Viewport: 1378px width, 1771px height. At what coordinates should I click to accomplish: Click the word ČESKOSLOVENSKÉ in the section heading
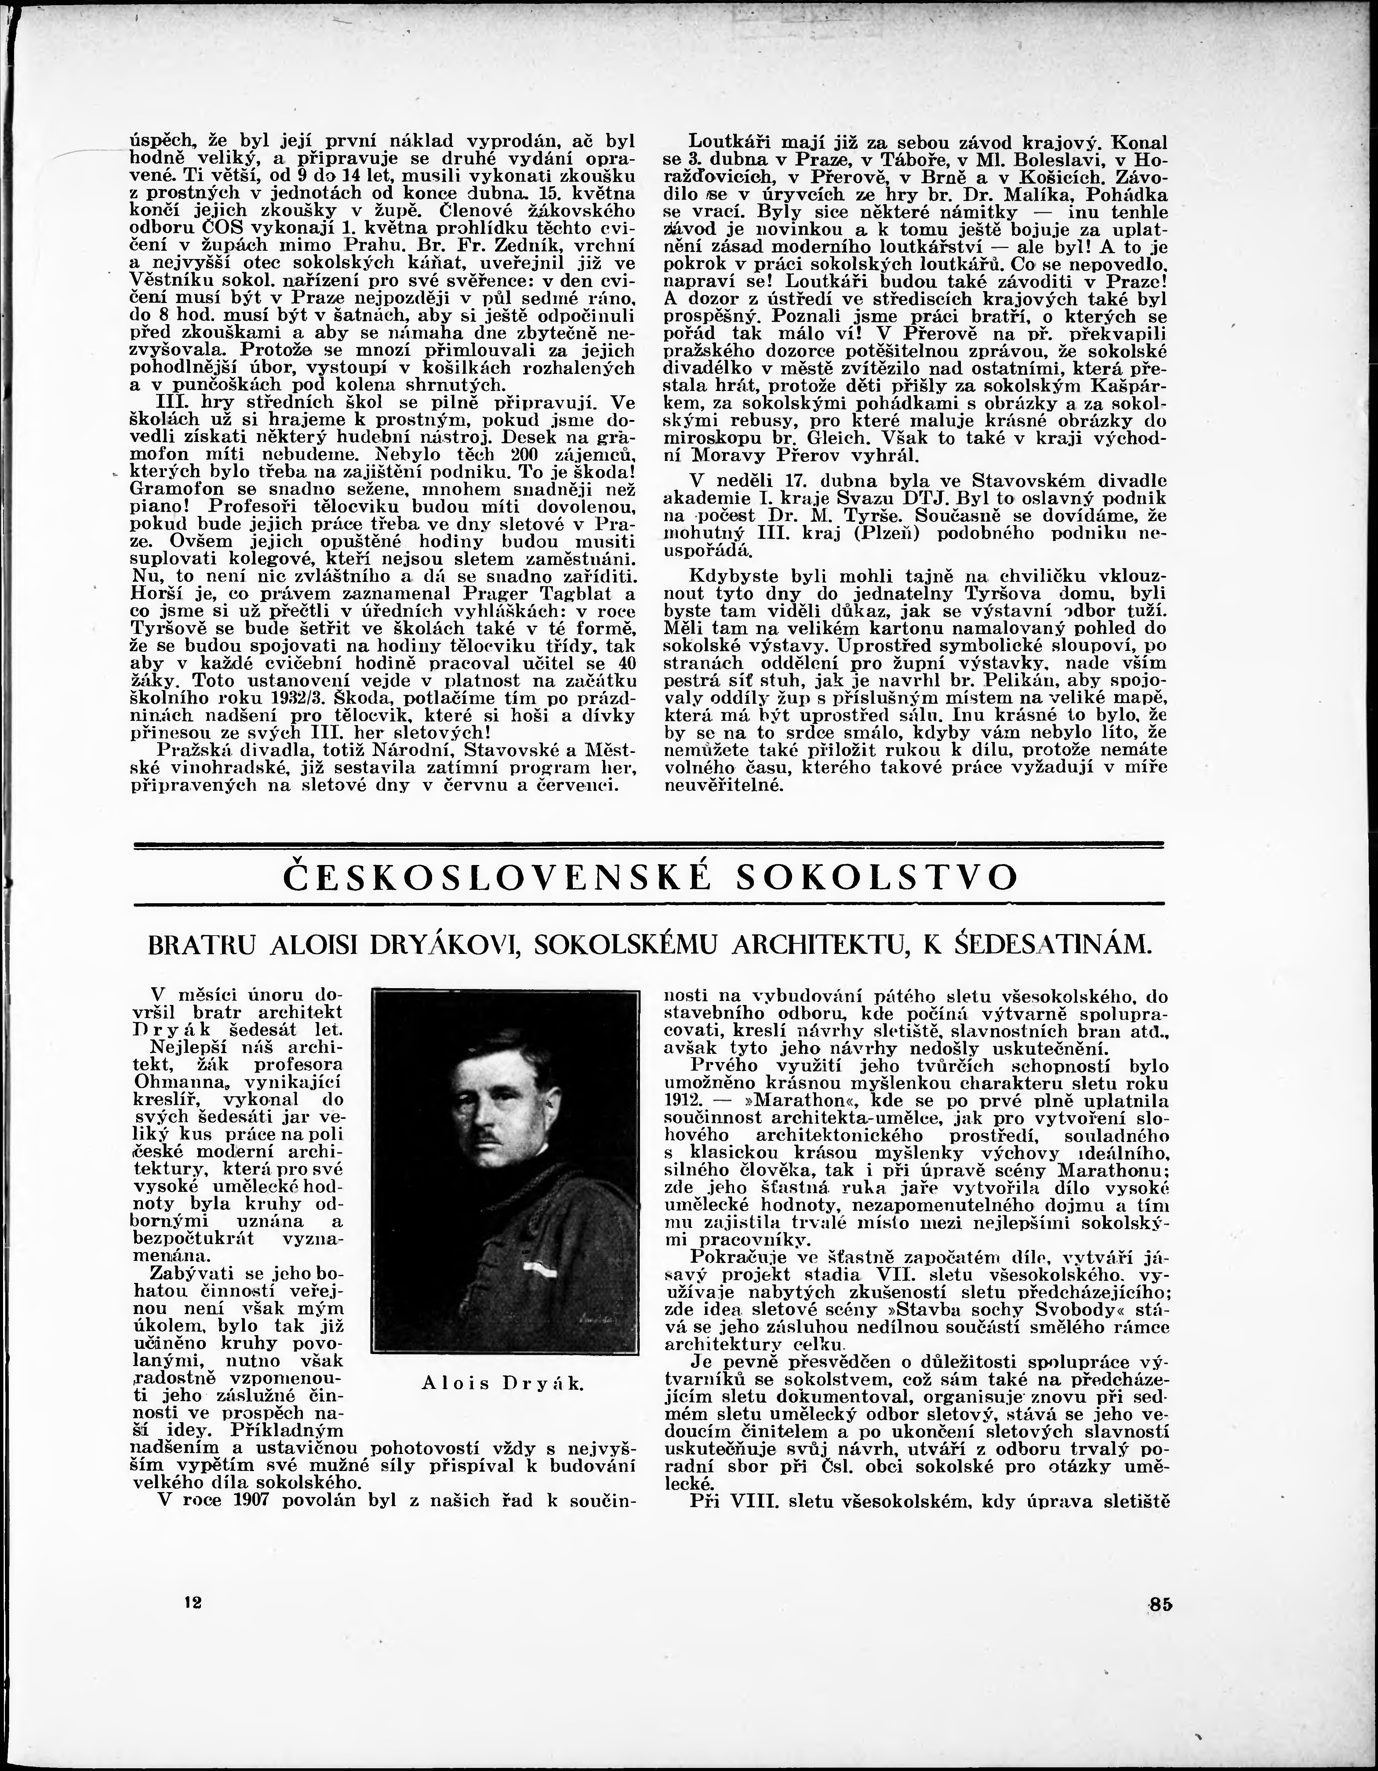point(496,877)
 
